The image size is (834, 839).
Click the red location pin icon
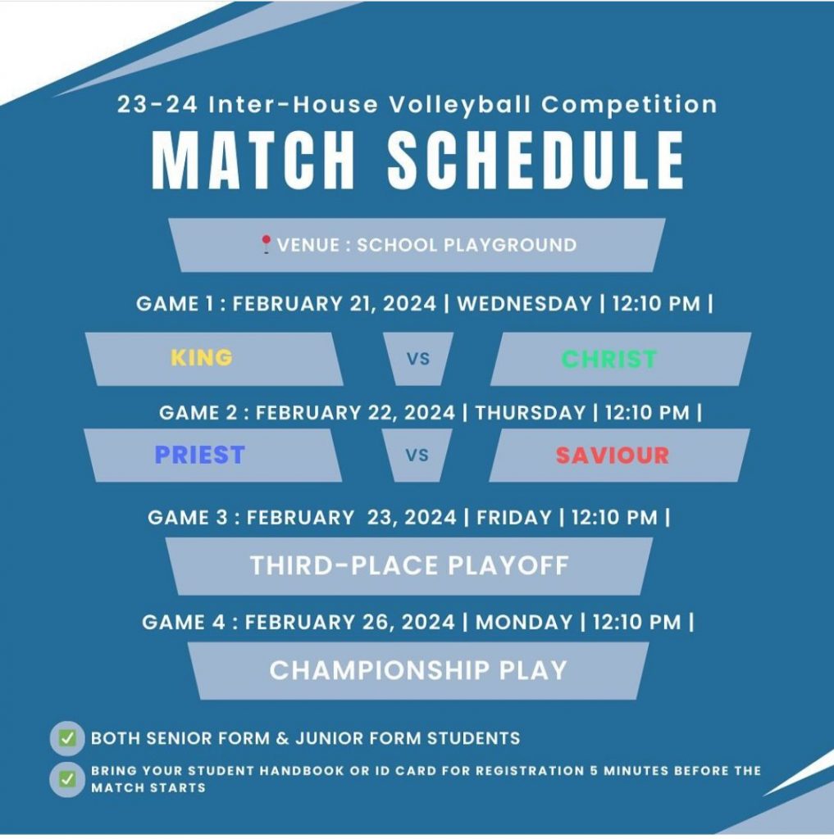[x=266, y=244]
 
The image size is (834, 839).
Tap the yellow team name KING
[x=202, y=357]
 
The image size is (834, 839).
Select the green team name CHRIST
[x=609, y=359]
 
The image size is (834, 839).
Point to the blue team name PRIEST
[x=200, y=455]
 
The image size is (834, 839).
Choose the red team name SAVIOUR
[x=613, y=456]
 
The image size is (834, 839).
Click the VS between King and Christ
[x=417, y=359]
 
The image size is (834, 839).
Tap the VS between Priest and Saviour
[x=417, y=456]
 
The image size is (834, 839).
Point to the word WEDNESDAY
[x=524, y=304]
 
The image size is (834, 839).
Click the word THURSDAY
[x=531, y=413]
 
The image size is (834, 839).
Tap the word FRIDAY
[x=513, y=518]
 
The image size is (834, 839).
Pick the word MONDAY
[x=524, y=623]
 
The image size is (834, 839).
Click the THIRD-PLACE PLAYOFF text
[x=409, y=565]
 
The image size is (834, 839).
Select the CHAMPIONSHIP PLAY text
[x=418, y=670]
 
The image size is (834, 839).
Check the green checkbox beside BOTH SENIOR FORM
[x=67, y=738]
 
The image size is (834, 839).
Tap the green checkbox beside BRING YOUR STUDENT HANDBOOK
[x=67, y=779]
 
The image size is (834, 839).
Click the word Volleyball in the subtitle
[x=460, y=104]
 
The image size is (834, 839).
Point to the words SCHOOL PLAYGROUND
[x=467, y=245]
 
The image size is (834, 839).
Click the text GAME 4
[x=184, y=623]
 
